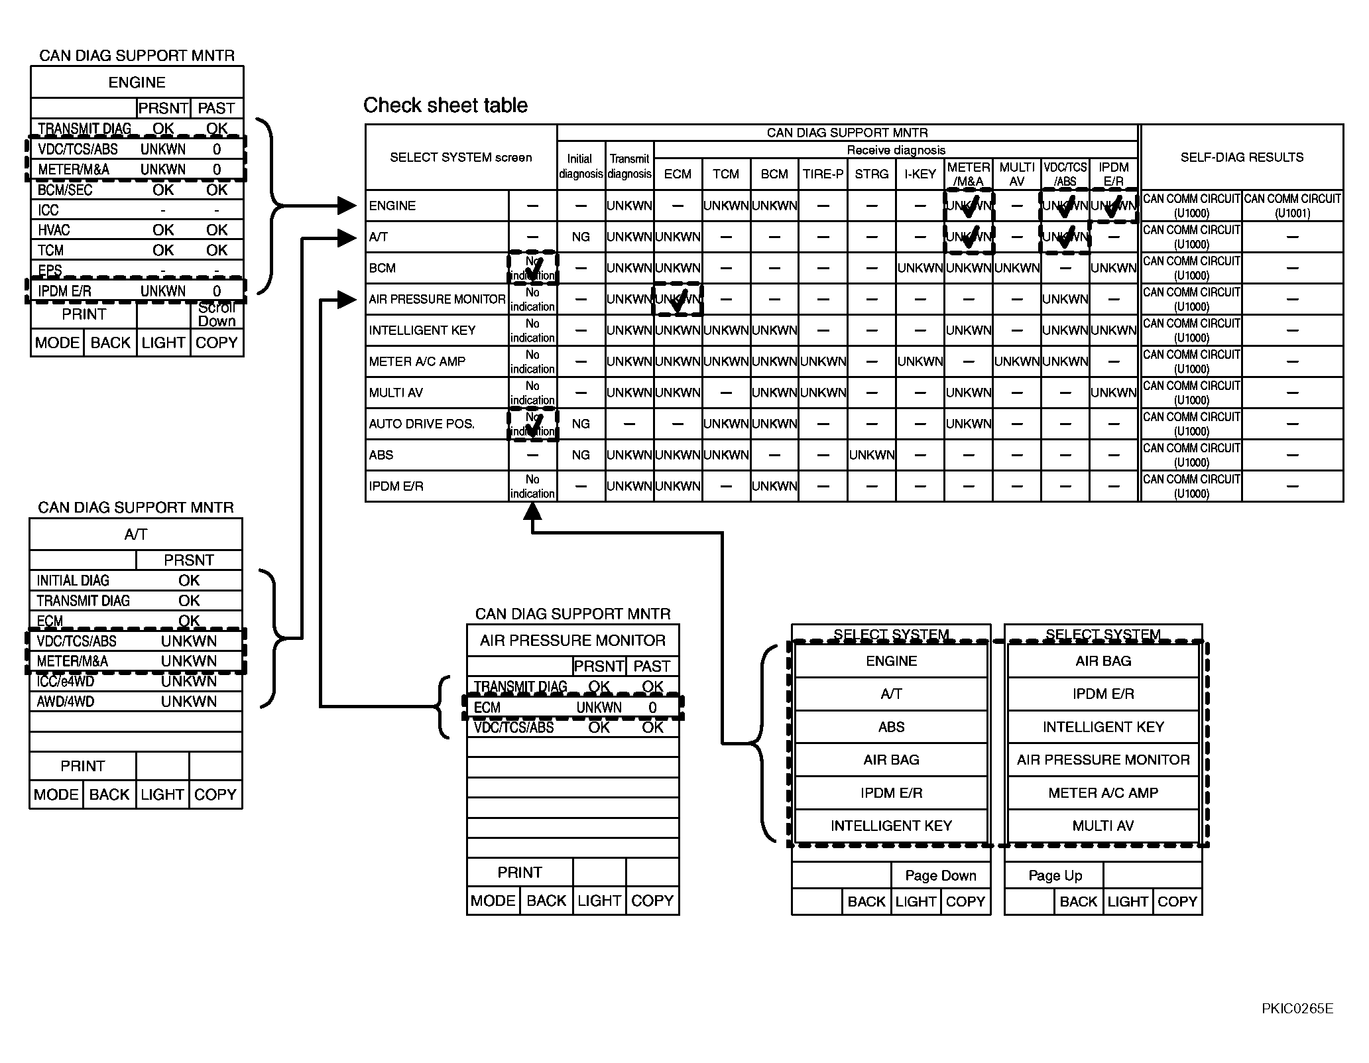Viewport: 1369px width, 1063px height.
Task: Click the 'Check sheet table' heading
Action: (445, 105)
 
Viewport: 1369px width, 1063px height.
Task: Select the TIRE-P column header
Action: (823, 174)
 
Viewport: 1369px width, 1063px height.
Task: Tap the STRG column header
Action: (871, 174)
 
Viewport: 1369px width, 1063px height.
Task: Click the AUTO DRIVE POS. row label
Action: (422, 424)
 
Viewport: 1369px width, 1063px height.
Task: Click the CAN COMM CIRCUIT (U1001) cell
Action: (1292, 206)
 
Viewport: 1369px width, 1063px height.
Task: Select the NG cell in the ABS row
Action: (581, 455)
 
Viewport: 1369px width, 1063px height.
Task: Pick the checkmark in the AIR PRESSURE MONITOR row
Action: (678, 301)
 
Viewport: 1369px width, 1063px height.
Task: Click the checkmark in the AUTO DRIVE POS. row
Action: (534, 423)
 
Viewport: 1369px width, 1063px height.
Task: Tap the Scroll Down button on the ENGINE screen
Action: (217, 314)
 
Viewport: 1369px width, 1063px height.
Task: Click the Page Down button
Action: (940, 875)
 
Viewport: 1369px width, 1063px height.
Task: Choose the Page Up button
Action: (1055, 875)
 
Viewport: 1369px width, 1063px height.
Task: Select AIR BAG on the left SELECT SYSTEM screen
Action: (891, 760)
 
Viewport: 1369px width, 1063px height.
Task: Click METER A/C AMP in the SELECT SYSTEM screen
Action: (1103, 793)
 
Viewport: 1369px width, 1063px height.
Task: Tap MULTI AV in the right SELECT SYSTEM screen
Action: (1103, 826)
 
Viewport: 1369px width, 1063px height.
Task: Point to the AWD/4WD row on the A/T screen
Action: (135, 702)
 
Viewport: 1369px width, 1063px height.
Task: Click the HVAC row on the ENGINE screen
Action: (137, 230)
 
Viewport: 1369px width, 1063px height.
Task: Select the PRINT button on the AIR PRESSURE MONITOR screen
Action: (519, 872)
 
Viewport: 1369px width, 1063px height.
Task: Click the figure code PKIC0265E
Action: (1297, 1009)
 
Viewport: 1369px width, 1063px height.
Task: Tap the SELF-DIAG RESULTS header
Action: (1242, 157)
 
